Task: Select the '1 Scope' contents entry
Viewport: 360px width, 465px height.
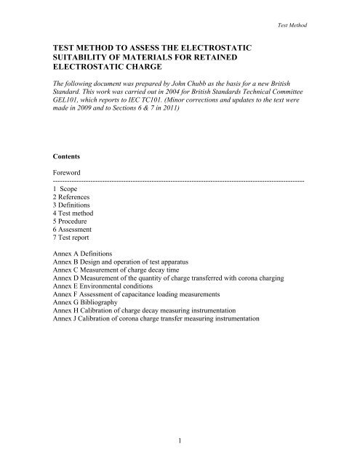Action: point(70,187)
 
